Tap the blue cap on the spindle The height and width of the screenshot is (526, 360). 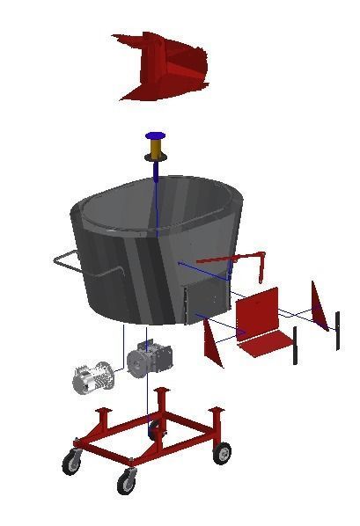click(x=156, y=136)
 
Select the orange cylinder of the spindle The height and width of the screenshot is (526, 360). click(x=156, y=150)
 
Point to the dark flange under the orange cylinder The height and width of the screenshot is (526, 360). click(x=156, y=160)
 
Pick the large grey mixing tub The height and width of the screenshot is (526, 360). click(x=150, y=246)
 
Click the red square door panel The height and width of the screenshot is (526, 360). click(x=257, y=310)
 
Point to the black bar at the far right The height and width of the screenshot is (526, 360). click(x=337, y=330)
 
